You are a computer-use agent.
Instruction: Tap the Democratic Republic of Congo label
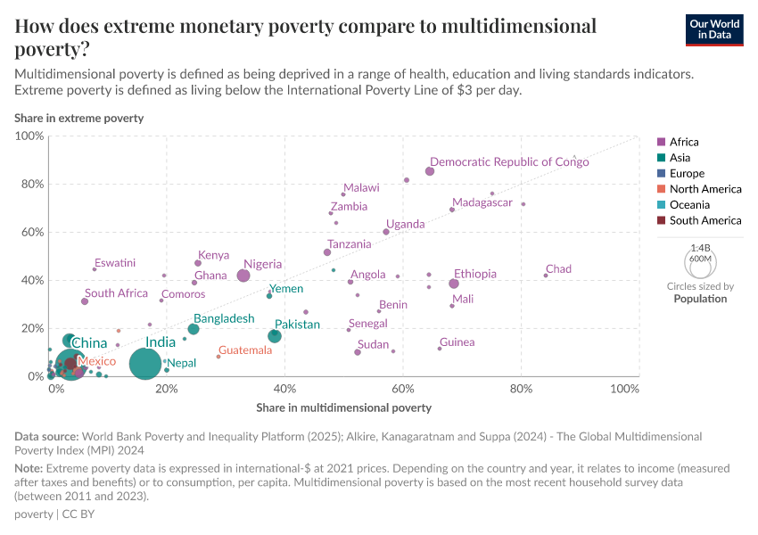point(509,161)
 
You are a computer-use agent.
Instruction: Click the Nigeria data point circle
point(243,276)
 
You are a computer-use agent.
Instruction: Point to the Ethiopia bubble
point(454,284)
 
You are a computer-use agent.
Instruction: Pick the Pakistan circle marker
point(275,336)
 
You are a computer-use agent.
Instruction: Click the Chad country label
point(558,268)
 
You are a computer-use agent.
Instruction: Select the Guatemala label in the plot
point(245,350)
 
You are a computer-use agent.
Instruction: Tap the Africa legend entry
point(683,142)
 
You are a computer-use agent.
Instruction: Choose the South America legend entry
point(704,220)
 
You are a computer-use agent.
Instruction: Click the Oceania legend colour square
point(661,205)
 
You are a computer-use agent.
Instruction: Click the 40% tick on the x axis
point(284,389)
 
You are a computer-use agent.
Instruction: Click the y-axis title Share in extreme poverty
point(78,118)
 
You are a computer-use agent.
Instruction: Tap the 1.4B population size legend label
point(700,249)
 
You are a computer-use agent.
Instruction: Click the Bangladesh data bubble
point(194,329)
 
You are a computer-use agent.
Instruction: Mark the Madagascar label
point(482,202)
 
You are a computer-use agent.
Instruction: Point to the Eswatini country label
point(115,262)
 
